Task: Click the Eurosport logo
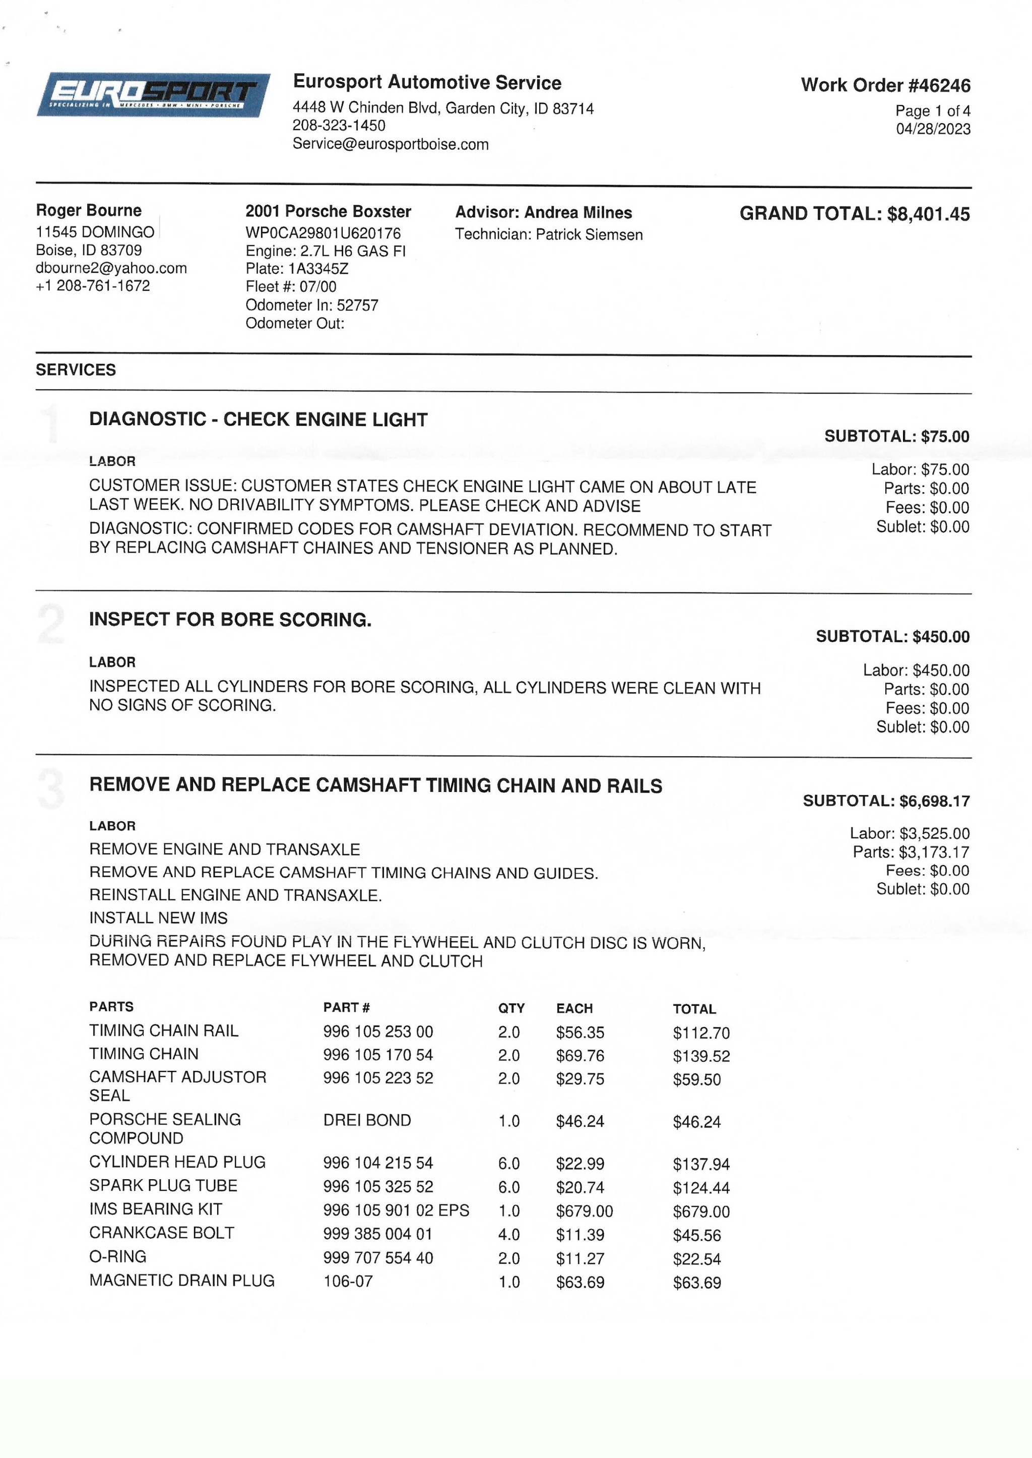(153, 95)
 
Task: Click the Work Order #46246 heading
(885, 85)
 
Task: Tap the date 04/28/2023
(933, 129)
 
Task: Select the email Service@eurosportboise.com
(390, 144)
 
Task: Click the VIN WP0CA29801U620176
(323, 233)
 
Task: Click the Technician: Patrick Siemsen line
(548, 234)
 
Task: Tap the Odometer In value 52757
(357, 305)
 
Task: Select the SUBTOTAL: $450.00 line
(892, 636)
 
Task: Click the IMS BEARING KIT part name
(156, 1209)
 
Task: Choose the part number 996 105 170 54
(378, 1055)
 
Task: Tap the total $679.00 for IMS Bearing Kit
(701, 1211)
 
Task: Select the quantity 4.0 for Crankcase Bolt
(509, 1235)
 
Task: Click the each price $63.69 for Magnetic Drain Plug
(579, 1283)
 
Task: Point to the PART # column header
(346, 1007)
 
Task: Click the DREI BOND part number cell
(367, 1120)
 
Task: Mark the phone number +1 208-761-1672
(93, 286)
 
